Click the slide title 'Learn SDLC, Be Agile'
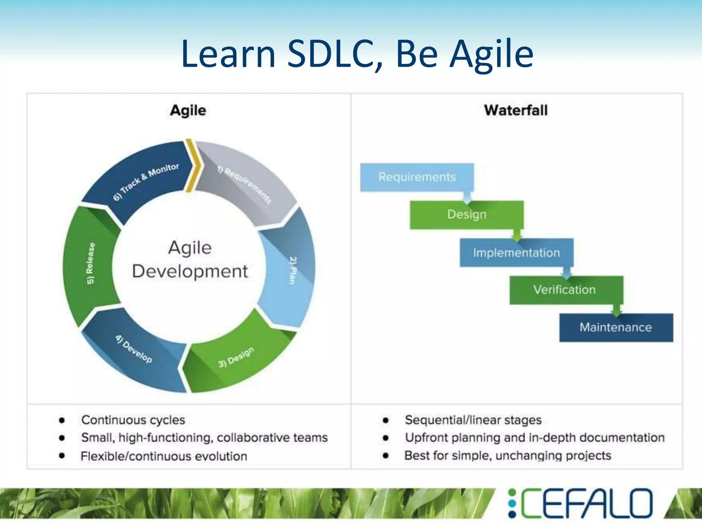[357, 54]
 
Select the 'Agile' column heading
[188, 110]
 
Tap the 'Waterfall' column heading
[516, 110]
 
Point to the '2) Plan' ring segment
[291, 271]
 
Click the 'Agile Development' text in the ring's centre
[190, 260]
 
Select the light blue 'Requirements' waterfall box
[417, 177]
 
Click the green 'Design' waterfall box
[467, 215]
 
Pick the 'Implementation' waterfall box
[516, 253]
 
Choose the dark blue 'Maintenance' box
[616, 327]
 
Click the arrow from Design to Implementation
[517, 235]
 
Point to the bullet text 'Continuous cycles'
[133, 420]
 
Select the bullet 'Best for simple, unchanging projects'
[508, 456]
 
